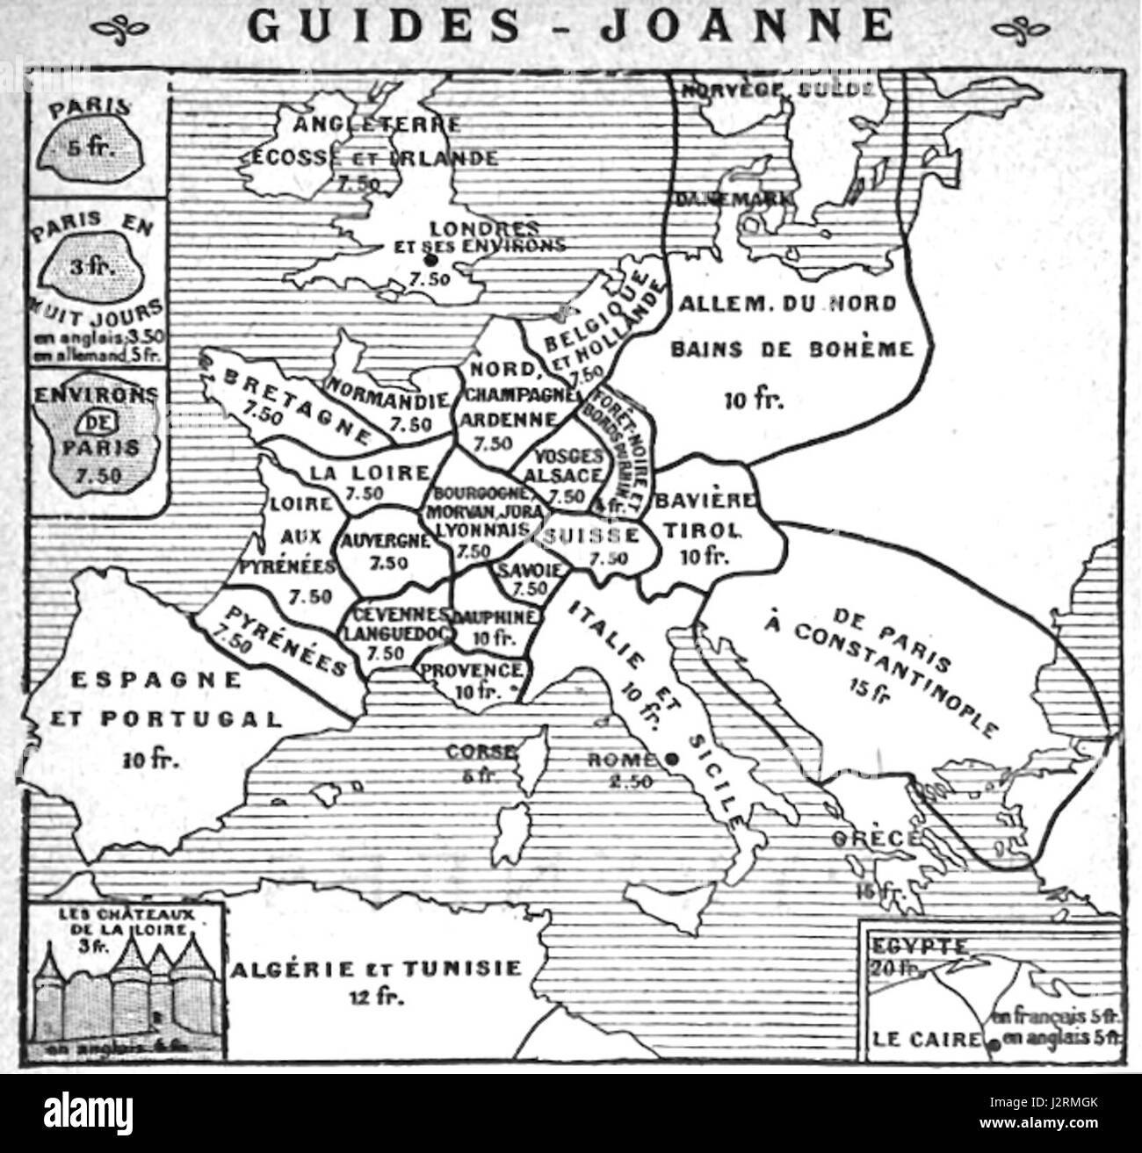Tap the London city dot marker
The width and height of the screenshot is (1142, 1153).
tap(430, 261)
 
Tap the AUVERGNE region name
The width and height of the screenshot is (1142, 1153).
tap(382, 541)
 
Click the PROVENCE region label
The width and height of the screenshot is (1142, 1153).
tap(473, 670)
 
